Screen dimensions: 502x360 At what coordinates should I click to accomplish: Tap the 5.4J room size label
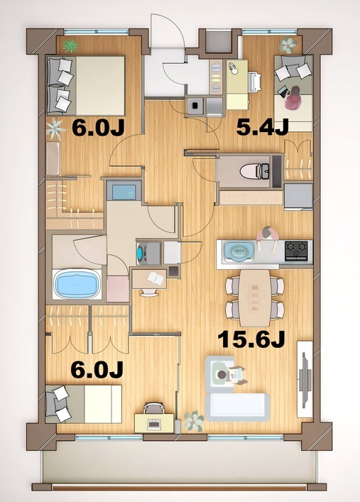[x=262, y=127]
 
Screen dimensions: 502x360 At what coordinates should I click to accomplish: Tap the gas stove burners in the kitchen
[x=297, y=250]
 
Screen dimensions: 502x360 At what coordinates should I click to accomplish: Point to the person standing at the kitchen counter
[x=267, y=236]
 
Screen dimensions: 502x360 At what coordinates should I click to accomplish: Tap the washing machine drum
[x=144, y=253]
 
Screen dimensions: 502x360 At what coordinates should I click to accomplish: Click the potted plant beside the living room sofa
[x=193, y=420]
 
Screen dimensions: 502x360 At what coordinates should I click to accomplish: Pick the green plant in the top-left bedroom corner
[x=70, y=46]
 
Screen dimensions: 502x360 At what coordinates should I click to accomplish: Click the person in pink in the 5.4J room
[x=292, y=99]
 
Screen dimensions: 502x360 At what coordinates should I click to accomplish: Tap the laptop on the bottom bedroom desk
[x=153, y=424]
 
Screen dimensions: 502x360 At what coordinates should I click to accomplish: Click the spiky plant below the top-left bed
[x=55, y=129]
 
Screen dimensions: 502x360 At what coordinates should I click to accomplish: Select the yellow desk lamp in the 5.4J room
[x=235, y=69]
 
